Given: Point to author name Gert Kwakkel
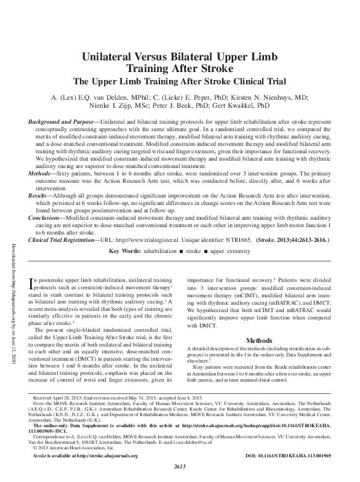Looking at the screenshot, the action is point(262,106).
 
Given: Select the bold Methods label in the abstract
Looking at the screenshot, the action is point(42,175).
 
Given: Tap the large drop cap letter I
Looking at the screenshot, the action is point(32,284).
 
